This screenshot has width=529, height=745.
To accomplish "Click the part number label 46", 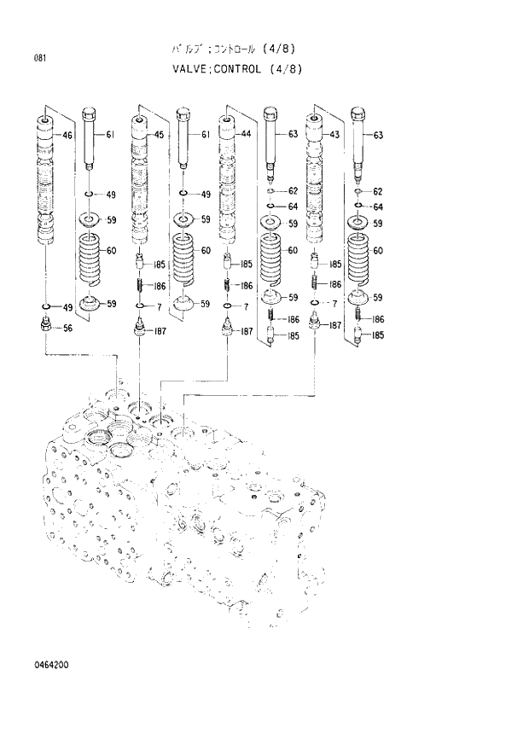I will pos(67,135).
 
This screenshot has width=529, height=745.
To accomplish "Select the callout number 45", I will pos(159,135).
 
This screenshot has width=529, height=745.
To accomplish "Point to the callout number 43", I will pos(334,135).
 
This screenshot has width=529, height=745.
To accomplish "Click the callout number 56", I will pos(69,328).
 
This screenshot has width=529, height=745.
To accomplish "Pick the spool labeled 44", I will pos(228,179).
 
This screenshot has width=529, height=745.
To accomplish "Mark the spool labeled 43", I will pos(316,179).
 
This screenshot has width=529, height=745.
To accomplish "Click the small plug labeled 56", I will pos(46,325).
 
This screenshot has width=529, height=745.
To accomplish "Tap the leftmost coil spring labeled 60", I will pos(90,259).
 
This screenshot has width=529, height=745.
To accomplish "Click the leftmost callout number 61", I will pos(110,135).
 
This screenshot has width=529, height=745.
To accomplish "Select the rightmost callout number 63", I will pos(378,135).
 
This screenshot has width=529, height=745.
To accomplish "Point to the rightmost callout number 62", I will pos(378,192).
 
